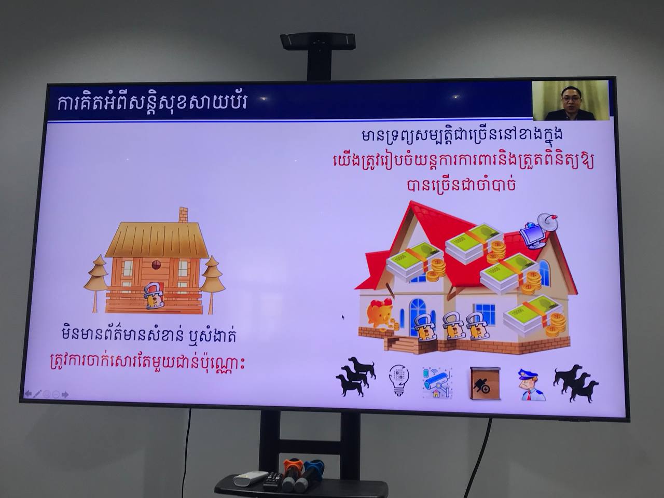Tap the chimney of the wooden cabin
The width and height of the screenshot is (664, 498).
pos(183,215)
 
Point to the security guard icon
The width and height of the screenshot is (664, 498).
pos(531,385)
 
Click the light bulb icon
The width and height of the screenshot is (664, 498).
pos(399,381)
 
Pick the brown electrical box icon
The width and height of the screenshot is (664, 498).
pos(485,383)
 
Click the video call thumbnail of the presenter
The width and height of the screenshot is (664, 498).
pos(571,101)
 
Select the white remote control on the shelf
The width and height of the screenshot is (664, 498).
pos(251,478)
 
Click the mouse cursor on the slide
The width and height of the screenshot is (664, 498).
pos(343,317)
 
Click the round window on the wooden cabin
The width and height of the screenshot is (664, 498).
pos(156,264)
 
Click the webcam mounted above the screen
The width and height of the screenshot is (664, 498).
pos(317,41)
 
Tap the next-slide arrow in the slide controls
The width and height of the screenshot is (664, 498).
pos(65,395)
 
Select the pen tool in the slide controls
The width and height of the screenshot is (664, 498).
pos(37,394)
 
